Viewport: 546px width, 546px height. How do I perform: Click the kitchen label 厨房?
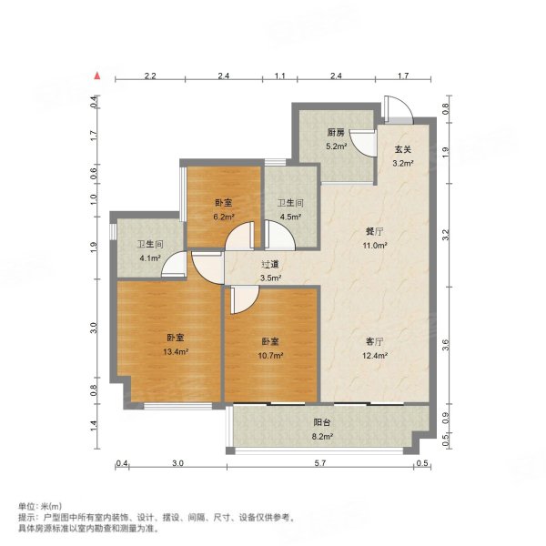335,133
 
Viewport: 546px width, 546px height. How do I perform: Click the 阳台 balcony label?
323,423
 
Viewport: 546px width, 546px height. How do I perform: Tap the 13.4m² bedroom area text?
170,351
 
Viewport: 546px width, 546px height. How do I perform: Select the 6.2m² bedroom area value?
225,217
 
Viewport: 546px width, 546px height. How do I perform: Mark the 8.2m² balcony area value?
323,437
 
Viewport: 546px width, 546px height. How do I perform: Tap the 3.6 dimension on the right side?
445,344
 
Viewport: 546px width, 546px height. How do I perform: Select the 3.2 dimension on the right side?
445,235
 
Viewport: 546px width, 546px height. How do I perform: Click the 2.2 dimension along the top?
150,76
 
